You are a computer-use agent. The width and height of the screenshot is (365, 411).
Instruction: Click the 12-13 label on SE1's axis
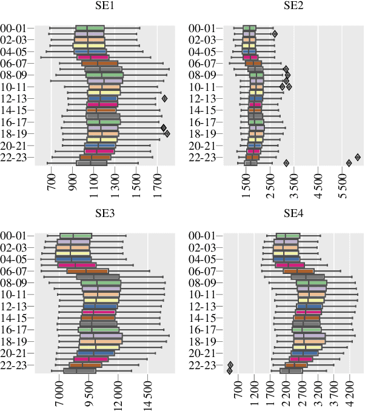(x=17, y=98)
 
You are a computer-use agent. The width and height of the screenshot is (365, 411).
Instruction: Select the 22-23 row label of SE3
(x=17, y=365)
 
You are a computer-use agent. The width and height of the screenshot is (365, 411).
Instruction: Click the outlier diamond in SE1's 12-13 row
(x=164, y=98)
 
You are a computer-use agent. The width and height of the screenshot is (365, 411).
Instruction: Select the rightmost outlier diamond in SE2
(x=358, y=158)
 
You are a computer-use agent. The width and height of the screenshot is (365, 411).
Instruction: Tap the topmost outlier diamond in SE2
(x=275, y=34)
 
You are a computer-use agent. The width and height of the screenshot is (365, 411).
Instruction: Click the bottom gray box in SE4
(x=290, y=371)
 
